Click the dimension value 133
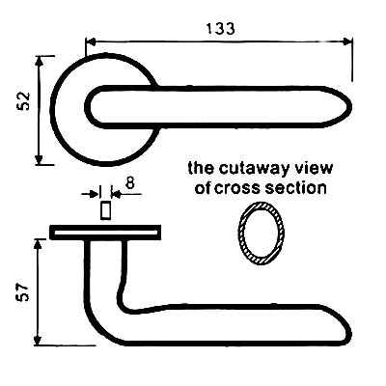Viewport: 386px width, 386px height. click(220, 28)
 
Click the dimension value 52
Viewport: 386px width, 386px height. click(23, 101)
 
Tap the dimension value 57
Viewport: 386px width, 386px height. click(23, 292)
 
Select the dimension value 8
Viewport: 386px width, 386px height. click(129, 183)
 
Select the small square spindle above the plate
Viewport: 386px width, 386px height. click(105, 210)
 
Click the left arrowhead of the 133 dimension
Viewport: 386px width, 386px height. click(92, 41)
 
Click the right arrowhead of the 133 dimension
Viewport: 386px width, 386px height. click(347, 41)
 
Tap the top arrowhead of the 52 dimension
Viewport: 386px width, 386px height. click(39, 61)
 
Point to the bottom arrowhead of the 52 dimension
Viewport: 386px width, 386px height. click(39, 159)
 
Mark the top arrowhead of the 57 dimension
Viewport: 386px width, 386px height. click(39, 244)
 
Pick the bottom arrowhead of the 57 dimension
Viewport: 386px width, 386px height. click(39, 341)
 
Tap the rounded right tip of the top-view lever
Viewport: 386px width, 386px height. click(350, 107)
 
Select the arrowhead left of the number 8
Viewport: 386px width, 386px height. click(95, 194)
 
